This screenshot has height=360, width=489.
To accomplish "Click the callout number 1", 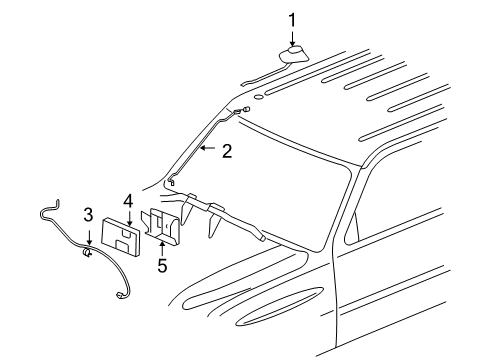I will click(293, 19).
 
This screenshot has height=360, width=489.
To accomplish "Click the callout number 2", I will click(228, 151).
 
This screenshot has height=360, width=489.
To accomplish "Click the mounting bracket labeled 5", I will click(165, 224).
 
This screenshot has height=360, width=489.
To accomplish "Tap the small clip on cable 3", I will click(88, 253).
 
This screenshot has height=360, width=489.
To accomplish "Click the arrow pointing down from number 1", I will click(293, 36).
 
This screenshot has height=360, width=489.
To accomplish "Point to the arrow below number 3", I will click(88, 234).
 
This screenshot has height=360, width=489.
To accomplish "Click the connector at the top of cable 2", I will click(243, 109).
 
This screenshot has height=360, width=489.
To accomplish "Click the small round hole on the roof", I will click(259, 97).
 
